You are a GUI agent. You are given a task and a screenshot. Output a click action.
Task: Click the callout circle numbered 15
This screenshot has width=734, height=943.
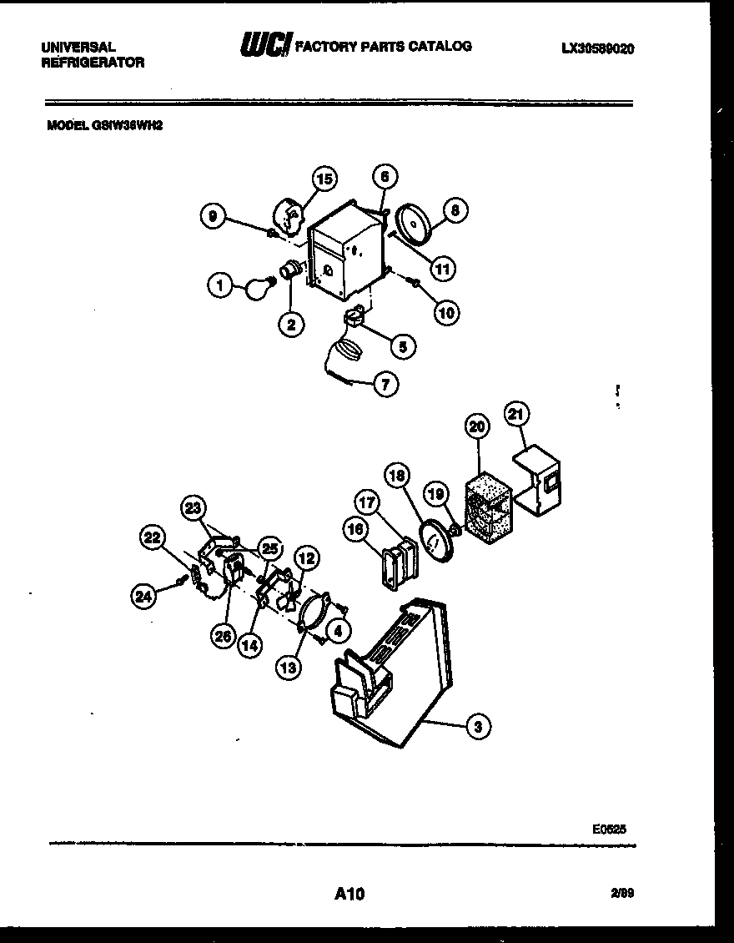pos(324,178)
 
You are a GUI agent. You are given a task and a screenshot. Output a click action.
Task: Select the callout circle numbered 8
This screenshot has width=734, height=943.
pos(455,211)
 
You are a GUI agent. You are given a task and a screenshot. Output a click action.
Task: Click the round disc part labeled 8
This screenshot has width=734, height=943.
pos(414,224)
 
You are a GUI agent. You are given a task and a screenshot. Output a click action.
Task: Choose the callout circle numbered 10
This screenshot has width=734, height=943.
pos(446,312)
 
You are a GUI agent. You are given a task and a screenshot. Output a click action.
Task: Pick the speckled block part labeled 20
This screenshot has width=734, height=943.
pos(489,509)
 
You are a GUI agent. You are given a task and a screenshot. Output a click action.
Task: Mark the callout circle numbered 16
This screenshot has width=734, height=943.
pos(354,530)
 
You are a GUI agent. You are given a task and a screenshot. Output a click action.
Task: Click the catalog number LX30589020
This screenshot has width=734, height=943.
pos(597,49)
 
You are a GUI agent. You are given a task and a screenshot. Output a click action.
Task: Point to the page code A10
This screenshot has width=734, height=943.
pos(349,895)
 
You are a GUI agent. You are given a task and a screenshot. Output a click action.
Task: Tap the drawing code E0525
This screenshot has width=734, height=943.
pos(609,829)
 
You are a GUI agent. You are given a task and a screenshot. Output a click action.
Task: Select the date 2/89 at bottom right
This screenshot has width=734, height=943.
pos(621,894)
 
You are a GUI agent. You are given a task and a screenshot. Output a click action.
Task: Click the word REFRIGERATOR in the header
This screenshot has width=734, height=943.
pos(93,63)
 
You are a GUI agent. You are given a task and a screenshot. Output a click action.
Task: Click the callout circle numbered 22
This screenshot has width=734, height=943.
pos(153,538)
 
